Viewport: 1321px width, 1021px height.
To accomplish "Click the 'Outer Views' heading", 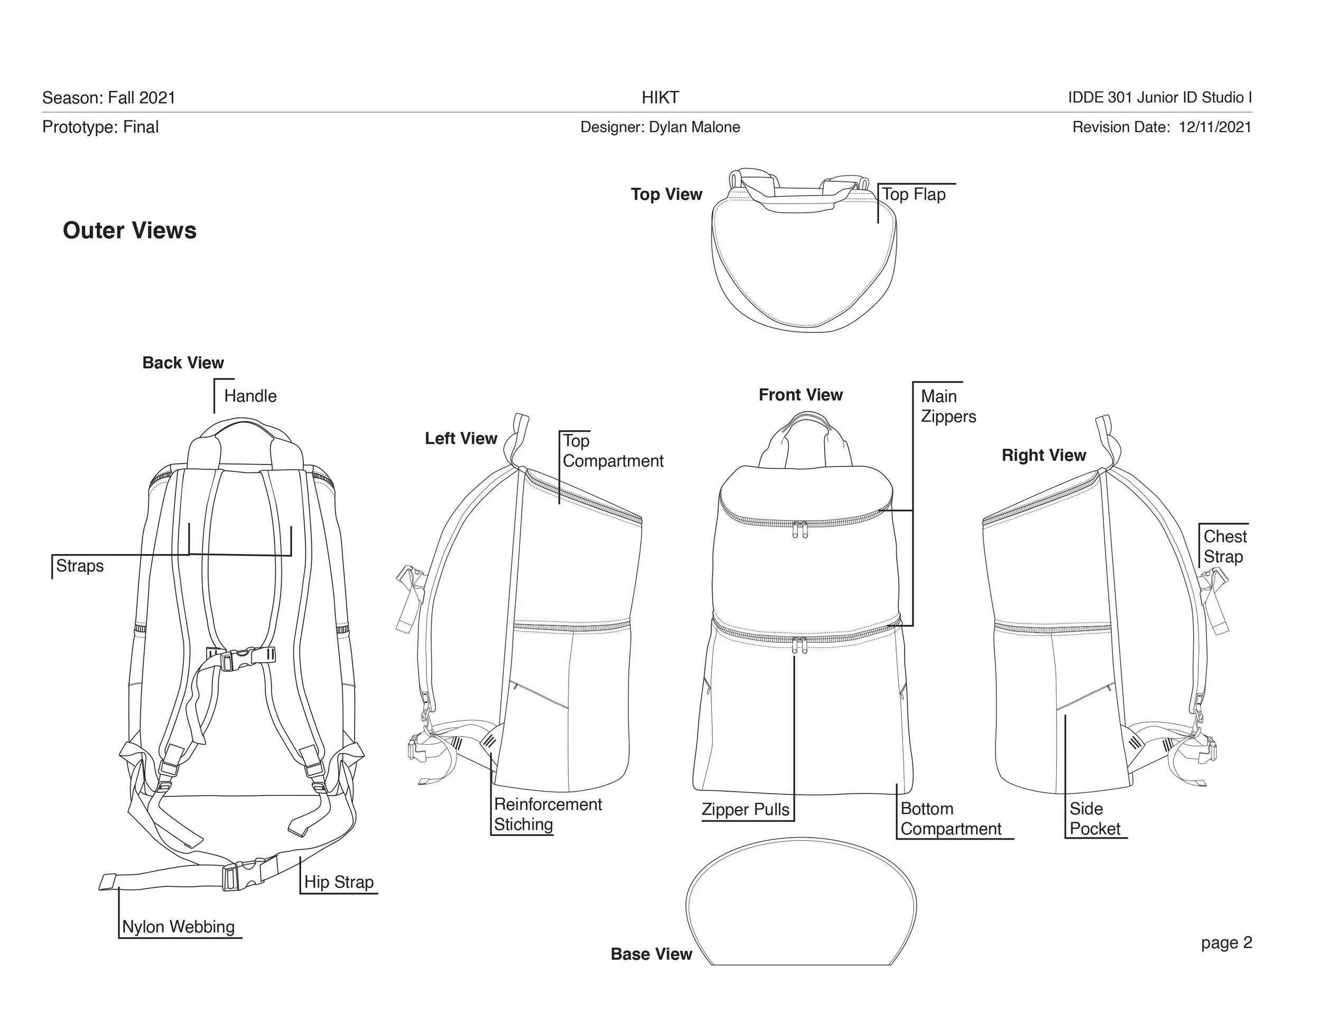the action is (129, 230).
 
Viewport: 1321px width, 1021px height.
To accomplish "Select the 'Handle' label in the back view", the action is (250, 396).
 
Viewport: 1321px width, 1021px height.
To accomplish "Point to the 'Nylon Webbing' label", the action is (179, 926).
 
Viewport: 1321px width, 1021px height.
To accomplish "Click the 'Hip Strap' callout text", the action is (339, 882).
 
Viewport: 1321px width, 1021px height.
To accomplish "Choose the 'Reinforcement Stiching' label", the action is (548, 814).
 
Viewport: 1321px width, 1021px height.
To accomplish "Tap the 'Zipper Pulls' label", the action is (746, 809).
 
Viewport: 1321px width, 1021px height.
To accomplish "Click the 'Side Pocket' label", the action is (1095, 819).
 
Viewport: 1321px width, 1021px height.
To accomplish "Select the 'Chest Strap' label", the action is (1225, 546).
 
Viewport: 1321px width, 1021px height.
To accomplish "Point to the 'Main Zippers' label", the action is (948, 406).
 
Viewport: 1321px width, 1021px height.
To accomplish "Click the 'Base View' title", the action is (652, 954).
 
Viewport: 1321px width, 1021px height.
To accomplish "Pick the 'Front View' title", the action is (801, 395).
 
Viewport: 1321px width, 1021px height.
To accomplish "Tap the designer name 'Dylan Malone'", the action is (694, 127).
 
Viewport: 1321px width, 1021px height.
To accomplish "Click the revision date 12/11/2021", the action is (1215, 127).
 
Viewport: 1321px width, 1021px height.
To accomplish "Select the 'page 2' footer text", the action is (1226, 942).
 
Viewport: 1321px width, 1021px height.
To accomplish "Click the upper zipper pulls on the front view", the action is (800, 529).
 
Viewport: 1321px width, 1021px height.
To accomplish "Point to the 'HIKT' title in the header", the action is (660, 97).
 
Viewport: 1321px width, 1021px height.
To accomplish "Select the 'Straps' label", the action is (80, 565).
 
